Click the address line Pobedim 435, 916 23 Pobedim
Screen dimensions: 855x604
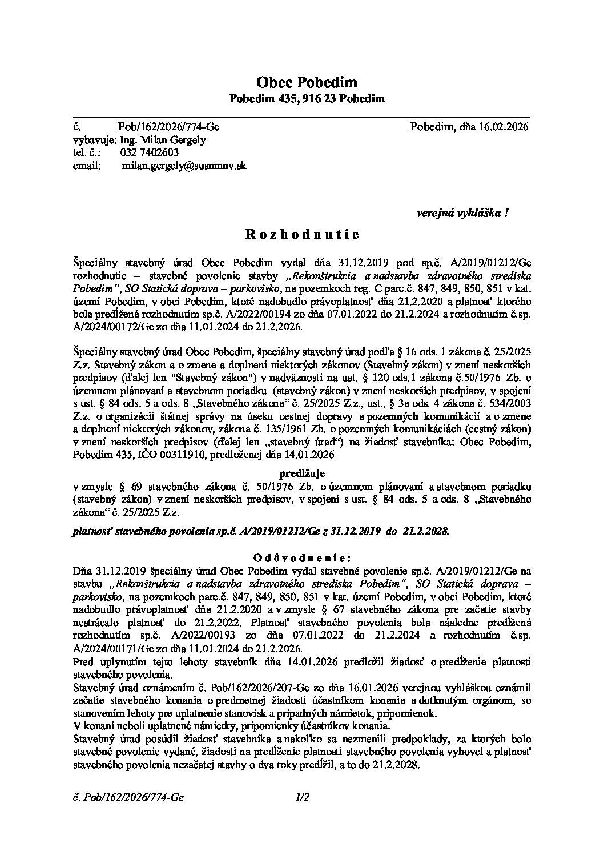[307, 99]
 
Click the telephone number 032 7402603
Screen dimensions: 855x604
[150, 152]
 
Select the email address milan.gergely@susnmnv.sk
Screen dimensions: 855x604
[184, 166]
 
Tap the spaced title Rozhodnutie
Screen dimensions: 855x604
[302, 234]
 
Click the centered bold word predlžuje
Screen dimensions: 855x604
[302, 473]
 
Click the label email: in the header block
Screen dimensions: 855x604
[87, 166]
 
